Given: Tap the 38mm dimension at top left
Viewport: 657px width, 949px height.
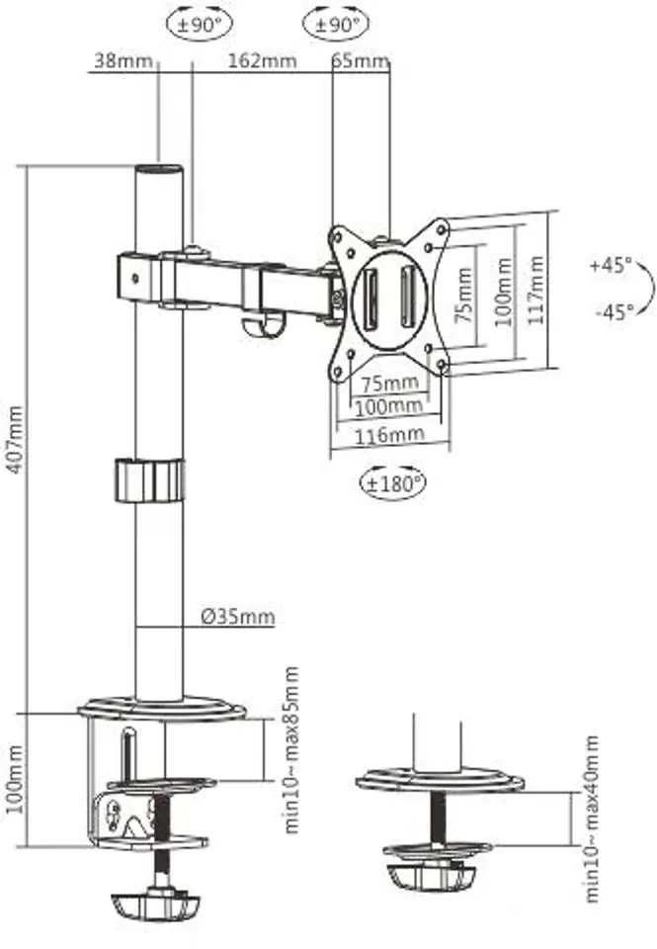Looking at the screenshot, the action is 123,60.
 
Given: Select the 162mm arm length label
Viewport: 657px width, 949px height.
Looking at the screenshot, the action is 262,60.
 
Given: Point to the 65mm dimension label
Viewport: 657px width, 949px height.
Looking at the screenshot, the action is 361,60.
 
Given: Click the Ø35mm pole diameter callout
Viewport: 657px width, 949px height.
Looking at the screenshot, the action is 238,617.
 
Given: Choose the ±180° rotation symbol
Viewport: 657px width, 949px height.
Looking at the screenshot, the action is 393,483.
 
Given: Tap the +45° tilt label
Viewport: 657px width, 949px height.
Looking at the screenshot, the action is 611,265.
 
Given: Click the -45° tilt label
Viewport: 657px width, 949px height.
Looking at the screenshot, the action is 615,311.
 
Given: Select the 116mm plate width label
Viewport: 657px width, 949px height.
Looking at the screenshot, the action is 389,434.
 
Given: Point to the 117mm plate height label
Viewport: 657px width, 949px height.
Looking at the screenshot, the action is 536,290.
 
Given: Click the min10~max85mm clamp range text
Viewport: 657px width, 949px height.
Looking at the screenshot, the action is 291,750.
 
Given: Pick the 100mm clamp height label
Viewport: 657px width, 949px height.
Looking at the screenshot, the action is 15,780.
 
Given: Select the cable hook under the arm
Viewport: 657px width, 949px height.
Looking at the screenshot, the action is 263,324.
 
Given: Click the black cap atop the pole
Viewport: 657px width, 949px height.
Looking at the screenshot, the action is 158,169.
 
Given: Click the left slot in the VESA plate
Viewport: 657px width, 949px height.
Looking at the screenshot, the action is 370,296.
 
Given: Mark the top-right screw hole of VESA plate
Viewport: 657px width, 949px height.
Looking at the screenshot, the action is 442,230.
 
